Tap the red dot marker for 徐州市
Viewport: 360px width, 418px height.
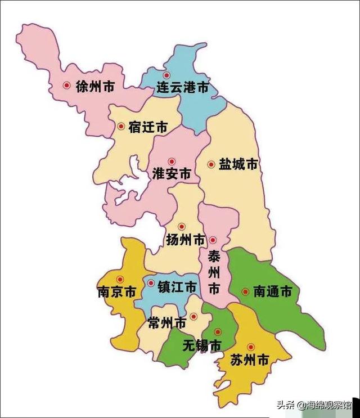point(66,86)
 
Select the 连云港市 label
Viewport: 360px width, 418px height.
point(182,88)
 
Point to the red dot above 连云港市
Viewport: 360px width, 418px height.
point(166,75)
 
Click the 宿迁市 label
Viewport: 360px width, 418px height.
point(148,128)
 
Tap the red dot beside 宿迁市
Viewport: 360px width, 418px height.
point(121,127)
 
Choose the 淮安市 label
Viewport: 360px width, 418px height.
point(172,174)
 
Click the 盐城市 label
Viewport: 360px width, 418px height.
point(238,164)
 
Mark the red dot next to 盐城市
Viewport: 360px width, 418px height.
point(211,165)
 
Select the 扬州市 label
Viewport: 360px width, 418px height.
point(186,240)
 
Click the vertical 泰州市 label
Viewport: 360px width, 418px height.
point(214,272)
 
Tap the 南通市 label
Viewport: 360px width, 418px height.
point(273,292)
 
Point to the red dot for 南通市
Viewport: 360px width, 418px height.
point(245,291)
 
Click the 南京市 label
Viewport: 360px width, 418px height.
point(116,293)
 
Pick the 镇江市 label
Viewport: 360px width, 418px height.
point(177,287)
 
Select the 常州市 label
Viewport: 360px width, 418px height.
point(167,323)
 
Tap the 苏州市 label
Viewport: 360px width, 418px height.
point(249,360)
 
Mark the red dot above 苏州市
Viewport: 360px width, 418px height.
point(251,347)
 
